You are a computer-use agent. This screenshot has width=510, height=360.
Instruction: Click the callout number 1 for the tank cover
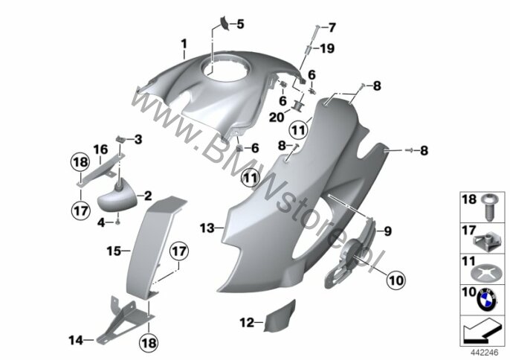click(184, 44)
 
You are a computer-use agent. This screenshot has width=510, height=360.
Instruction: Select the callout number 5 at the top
click(240, 24)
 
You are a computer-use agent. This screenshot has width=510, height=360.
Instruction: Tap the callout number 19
click(327, 48)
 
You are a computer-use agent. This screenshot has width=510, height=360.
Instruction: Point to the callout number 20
click(277, 118)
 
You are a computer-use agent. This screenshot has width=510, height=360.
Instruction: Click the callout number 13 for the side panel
click(207, 228)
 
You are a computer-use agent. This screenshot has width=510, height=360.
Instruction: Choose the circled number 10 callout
click(396, 280)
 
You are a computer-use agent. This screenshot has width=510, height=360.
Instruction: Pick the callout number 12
click(247, 323)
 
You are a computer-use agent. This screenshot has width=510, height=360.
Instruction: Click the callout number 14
click(76, 341)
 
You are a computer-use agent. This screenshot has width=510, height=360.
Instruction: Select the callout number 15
click(114, 251)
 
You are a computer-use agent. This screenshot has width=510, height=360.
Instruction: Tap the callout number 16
click(100, 150)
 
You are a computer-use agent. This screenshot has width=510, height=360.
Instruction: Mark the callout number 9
click(388, 231)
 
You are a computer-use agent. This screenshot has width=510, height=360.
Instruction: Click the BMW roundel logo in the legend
click(486, 299)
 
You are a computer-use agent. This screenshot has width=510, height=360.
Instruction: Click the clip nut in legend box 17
click(484, 242)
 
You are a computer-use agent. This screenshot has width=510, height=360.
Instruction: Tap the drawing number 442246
click(485, 353)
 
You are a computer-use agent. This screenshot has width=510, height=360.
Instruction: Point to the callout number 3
click(138, 140)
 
